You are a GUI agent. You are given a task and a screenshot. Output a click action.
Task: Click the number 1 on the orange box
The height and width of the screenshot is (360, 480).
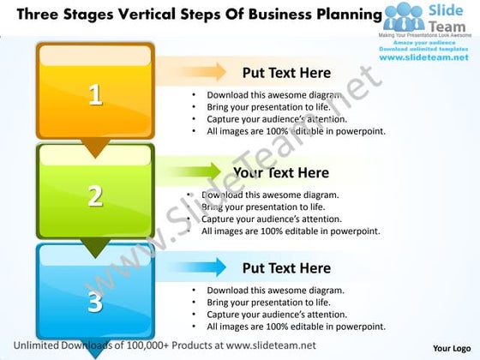point(95,94)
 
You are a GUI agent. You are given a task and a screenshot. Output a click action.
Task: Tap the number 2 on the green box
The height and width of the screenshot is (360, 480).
point(95,195)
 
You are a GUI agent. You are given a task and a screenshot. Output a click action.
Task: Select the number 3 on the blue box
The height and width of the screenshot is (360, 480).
point(95,301)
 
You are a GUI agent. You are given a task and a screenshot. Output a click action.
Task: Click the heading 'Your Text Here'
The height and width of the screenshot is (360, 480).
point(280,173)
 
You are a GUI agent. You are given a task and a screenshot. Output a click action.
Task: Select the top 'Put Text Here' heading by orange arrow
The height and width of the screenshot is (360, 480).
point(286,73)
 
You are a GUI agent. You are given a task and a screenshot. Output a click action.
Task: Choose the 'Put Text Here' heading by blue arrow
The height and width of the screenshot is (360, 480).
point(286,268)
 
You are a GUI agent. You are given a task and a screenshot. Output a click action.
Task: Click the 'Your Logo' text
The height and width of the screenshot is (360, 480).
point(451,348)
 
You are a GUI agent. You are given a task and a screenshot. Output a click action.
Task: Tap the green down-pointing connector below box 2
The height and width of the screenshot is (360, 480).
point(95,249)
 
